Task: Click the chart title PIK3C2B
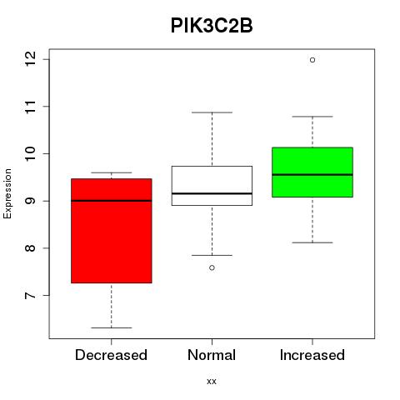(212, 26)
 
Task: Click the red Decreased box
(112, 231)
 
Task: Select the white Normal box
(212, 186)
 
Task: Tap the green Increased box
(312, 172)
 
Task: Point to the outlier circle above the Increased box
(312, 60)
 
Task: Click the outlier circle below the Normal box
(212, 267)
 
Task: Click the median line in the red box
(112, 201)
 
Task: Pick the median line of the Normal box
(212, 193)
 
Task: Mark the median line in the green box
(312, 175)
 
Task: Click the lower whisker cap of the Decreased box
(112, 327)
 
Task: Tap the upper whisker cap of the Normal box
(212, 112)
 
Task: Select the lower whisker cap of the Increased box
(312, 242)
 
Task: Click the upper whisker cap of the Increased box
(312, 117)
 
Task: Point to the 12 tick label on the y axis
(31, 59)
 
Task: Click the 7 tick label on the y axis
(31, 295)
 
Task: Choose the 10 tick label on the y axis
(31, 153)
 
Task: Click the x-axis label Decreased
(111, 355)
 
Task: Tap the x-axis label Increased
(312, 355)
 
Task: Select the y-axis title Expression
(7, 194)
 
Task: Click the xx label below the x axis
(212, 382)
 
